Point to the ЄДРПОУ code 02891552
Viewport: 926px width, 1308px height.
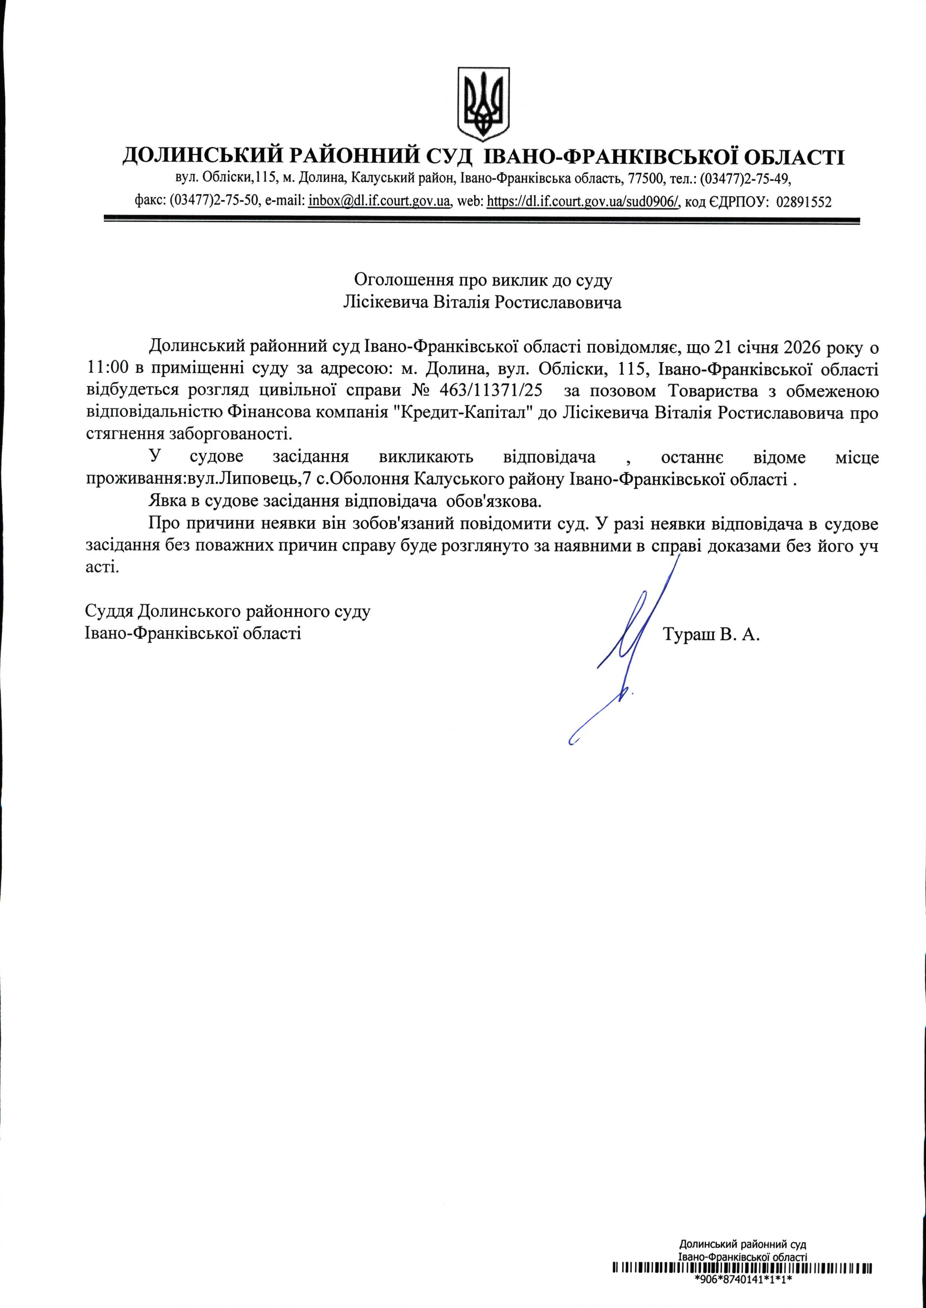click(804, 201)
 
